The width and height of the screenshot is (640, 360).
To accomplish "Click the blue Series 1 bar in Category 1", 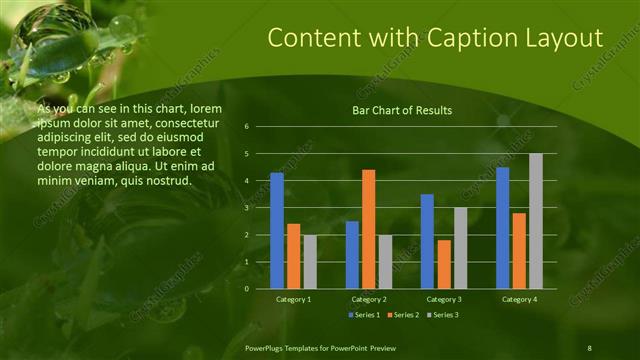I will click(x=277, y=231).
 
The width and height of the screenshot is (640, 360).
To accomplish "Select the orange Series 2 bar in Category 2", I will click(x=368, y=229).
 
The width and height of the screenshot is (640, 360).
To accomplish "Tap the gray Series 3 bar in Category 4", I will click(x=535, y=221).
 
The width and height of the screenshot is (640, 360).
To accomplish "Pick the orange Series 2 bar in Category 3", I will click(x=444, y=264).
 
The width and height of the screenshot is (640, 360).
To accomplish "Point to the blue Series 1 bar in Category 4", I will click(x=502, y=228).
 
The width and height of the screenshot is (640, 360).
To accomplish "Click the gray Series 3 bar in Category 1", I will click(x=309, y=262).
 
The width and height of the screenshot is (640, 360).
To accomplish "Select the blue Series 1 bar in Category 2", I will click(x=352, y=255).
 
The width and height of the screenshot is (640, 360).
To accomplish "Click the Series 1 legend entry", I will click(x=364, y=315).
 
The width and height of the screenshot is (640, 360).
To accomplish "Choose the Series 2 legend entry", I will click(x=402, y=315).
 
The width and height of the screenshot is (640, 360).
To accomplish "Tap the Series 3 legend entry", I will click(x=441, y=315).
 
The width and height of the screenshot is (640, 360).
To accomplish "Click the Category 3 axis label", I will click(x=444, y=299).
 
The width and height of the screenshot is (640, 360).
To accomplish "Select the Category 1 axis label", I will click(x=293, y=299).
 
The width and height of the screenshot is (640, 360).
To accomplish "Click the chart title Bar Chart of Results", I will click(x=402, y=110).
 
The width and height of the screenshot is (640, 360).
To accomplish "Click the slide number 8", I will click(x=589, y=347).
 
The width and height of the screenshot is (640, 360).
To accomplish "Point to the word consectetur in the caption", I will click(x=188, y=121).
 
